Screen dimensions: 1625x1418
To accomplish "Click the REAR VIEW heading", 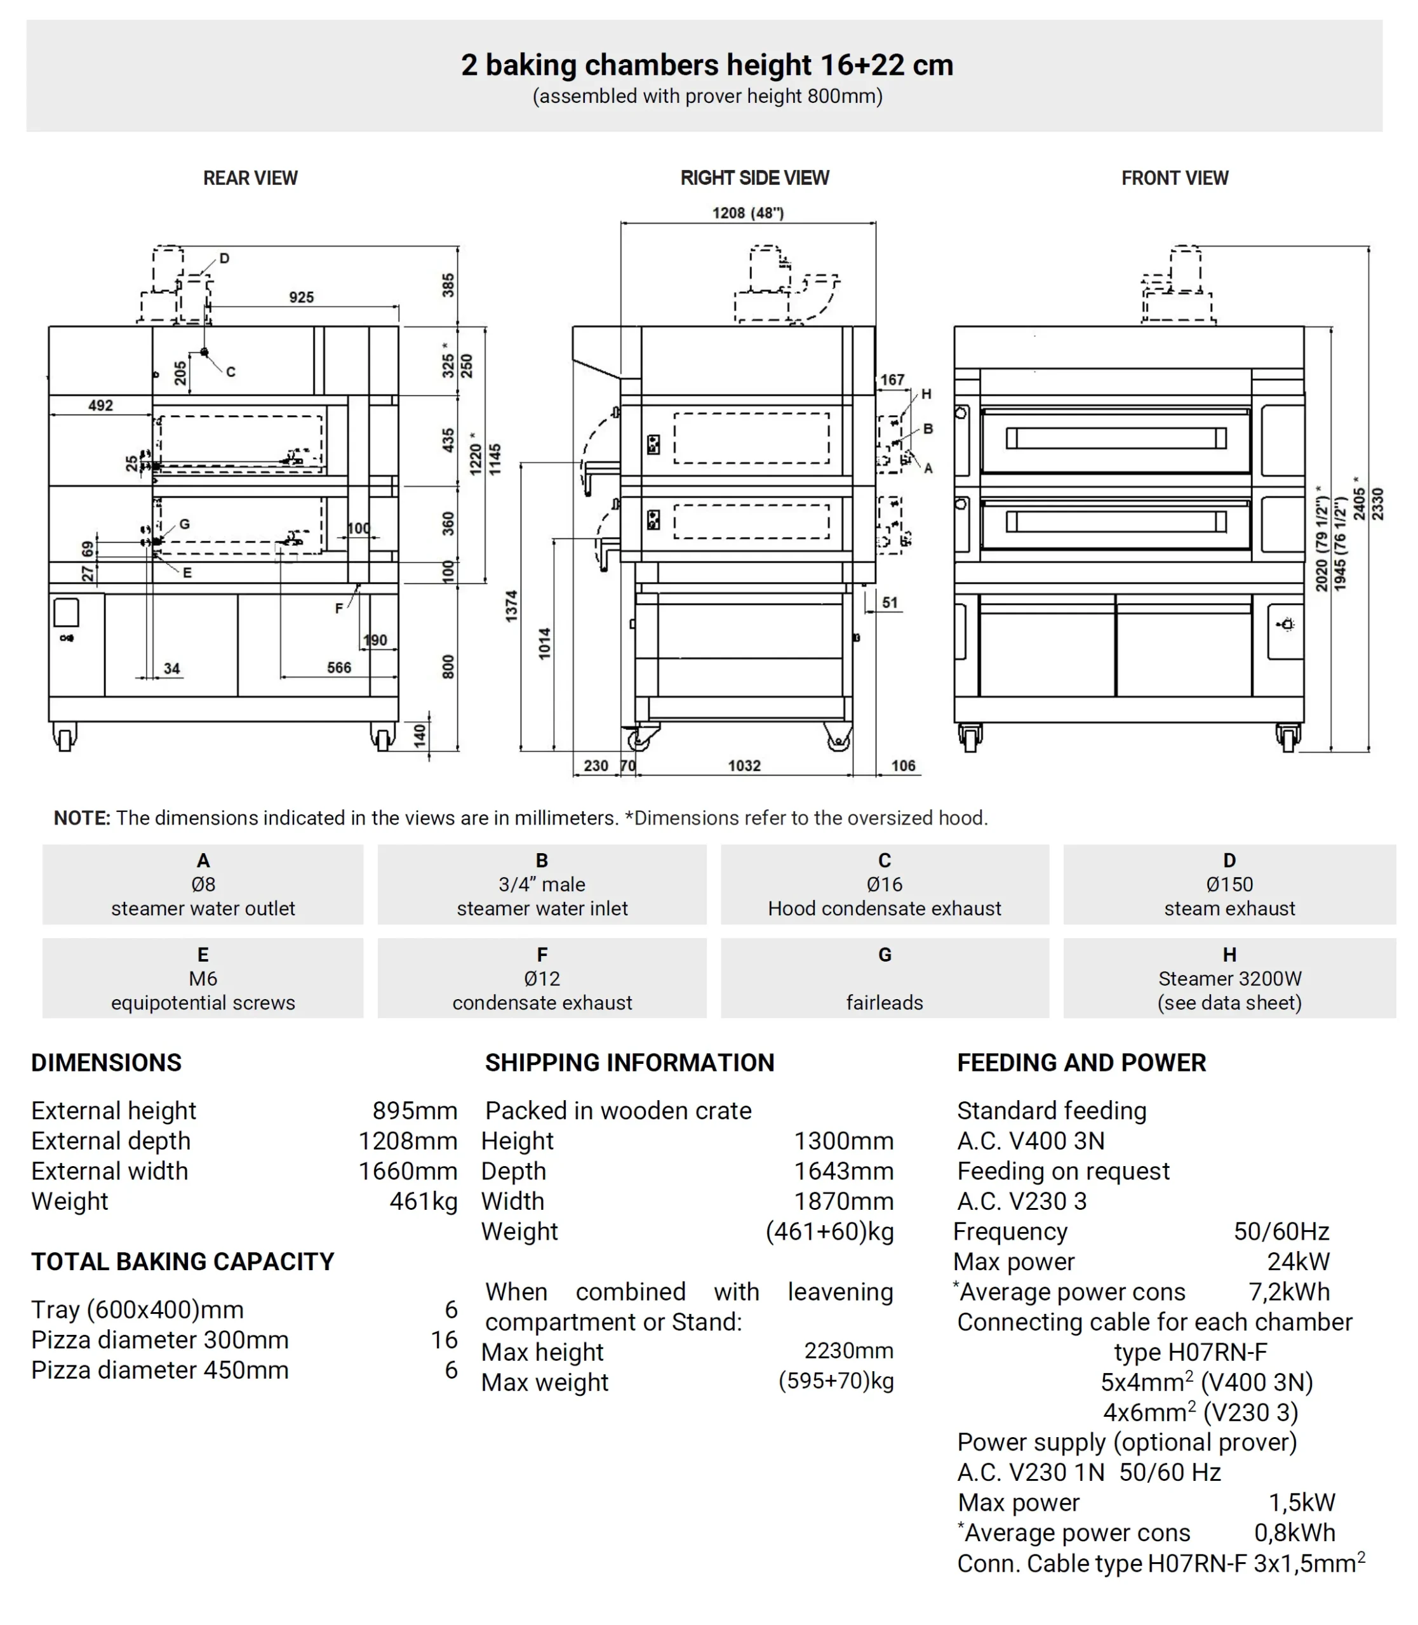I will pos(250,178).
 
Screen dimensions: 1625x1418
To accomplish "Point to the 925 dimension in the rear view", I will pos(301,298).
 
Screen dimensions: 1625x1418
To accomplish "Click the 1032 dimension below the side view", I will pos(744,765).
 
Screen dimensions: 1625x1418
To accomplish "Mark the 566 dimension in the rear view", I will pos(338,667).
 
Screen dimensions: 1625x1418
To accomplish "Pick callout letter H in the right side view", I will pos(926,394).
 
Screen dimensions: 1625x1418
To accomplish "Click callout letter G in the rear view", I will pos(184,524).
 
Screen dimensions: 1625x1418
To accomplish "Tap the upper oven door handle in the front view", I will pos(1116,437).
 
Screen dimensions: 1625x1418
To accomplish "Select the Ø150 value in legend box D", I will pos(1229,884).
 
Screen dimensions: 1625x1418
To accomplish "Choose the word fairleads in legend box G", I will pos(884,1002).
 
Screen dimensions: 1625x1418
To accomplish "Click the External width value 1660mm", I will pos(408,1171).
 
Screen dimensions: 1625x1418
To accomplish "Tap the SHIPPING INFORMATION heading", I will pos(629,1063).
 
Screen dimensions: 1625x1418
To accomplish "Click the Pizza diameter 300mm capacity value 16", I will pos(444,1339).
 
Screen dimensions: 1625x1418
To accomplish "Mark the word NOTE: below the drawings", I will pos(81,818).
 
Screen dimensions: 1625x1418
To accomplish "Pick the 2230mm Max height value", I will pos(848,1351).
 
